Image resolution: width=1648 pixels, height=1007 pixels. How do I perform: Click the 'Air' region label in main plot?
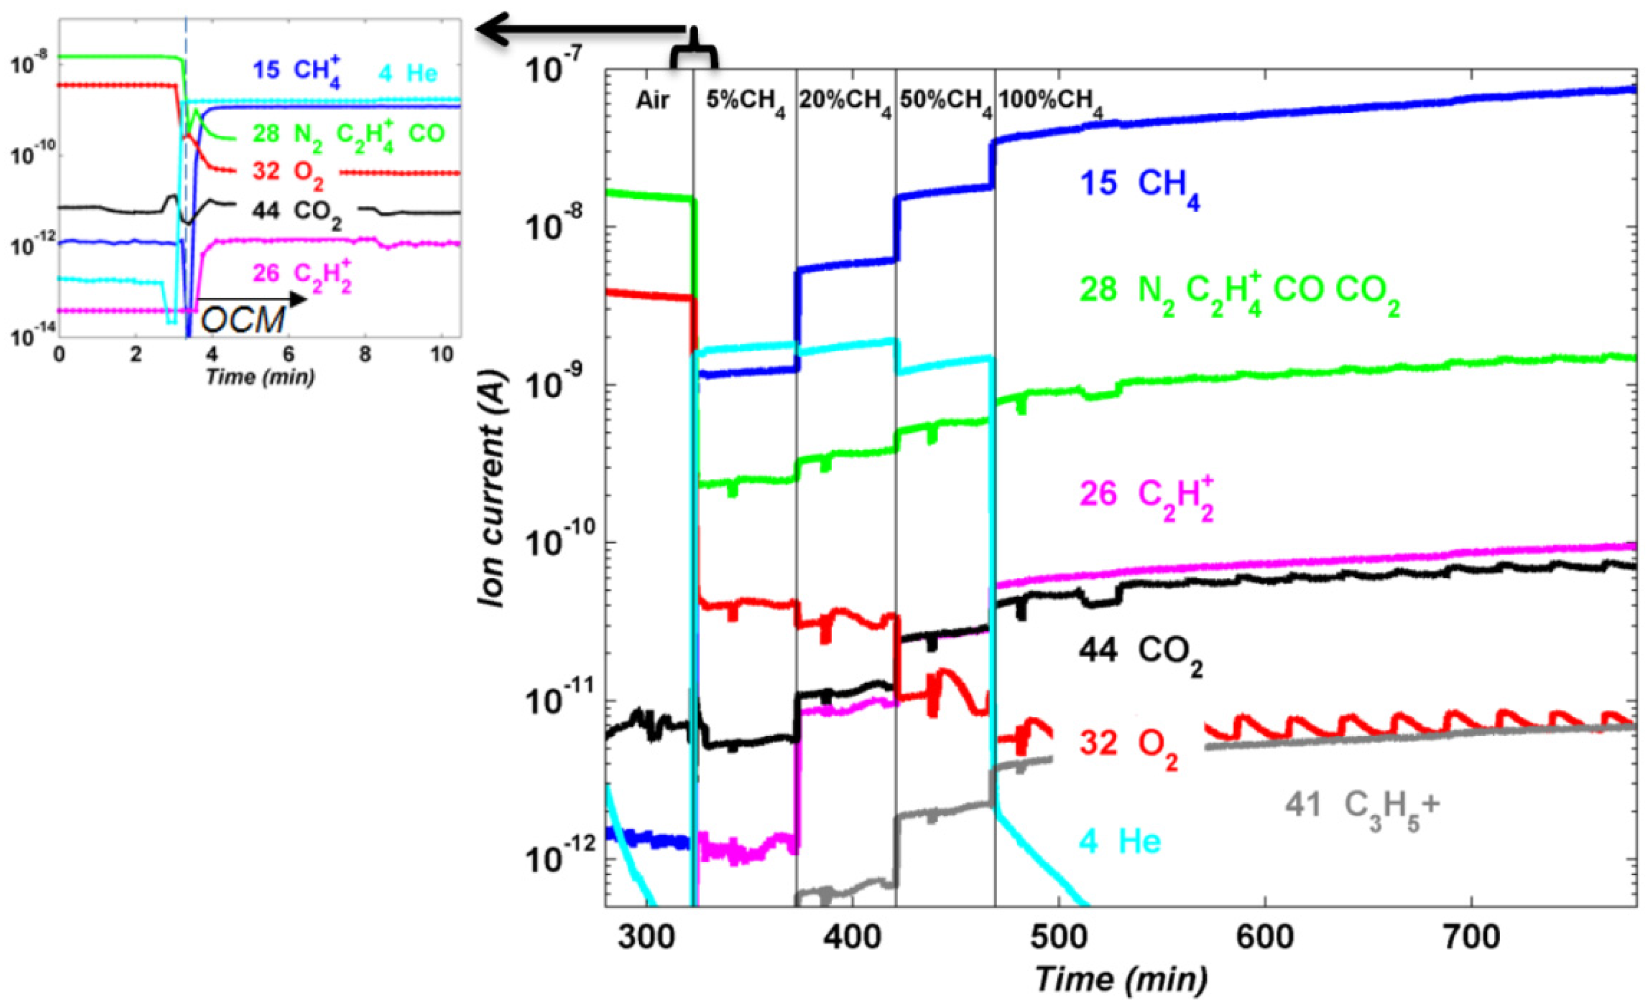click(651, 101)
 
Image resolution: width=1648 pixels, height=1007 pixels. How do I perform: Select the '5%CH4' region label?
click(744, 102)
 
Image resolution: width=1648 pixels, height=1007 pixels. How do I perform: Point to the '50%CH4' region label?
click(945, 102)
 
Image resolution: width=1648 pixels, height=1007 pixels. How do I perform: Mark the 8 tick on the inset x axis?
click(364, 354)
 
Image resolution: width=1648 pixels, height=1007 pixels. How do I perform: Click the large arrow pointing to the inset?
click(582, 29)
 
